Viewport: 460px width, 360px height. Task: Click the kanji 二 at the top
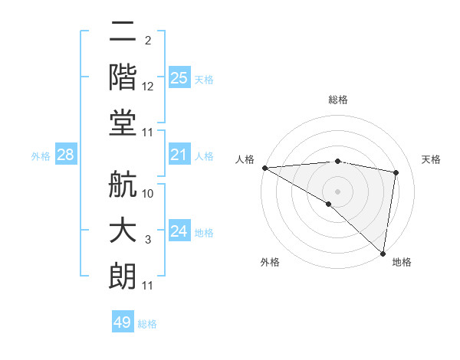tap(123, 31)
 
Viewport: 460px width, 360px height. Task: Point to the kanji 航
tap(123, 187)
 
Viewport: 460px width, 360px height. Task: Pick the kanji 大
tap(123, 231)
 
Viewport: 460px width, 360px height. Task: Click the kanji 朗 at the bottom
tap(123, 276)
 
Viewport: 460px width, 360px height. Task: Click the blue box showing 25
tap(179, 77)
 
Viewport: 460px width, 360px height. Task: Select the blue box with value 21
tap(179, 155)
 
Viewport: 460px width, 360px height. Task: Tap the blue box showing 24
tap(179, 231)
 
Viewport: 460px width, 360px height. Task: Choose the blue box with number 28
tap(65, 155)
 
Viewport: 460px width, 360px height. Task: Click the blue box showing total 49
tap(123, 322)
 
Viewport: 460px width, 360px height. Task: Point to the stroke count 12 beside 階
tap(148, 87)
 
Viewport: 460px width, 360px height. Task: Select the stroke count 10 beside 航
tap(148, 194)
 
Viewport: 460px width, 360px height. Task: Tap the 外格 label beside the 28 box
tap(41, 156)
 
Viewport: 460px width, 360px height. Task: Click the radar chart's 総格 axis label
tap(337, 100)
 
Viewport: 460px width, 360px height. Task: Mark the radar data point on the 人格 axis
tap(264, 168)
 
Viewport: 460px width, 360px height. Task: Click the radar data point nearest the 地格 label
tap(383, 253)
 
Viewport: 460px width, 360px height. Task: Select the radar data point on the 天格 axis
tap(396, 172)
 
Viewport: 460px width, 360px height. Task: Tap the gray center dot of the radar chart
tap(337, 191)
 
